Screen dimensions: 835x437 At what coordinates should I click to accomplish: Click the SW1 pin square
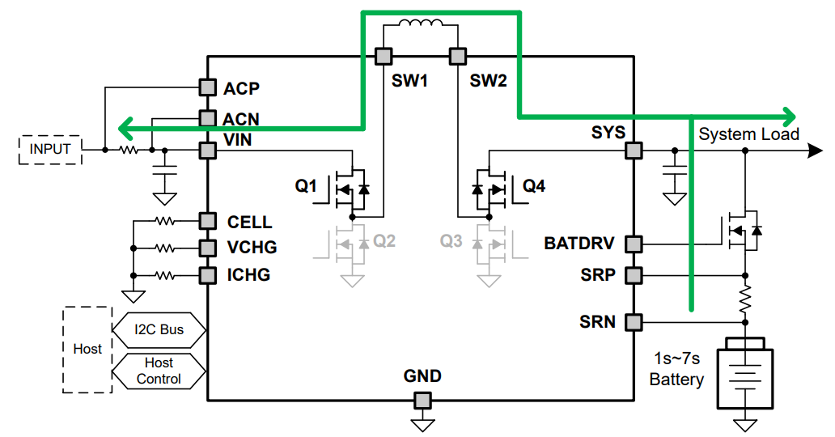[384, 56]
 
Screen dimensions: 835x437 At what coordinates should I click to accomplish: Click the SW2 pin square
[457, 56]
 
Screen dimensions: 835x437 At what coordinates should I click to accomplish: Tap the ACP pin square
[208, 87]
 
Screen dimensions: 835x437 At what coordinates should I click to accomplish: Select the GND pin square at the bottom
[423, 400]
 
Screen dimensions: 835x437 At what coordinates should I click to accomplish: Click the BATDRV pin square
[634, 244]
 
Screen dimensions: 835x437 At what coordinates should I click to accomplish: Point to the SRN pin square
[634, 322]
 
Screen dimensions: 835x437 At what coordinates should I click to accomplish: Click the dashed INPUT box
[50, 150]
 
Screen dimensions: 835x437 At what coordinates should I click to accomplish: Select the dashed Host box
[87, 350]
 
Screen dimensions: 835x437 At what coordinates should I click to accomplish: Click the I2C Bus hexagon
[159, 330]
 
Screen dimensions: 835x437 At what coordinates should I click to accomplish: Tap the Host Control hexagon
[159, 371]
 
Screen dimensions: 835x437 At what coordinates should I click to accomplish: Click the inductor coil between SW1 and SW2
[421, 23]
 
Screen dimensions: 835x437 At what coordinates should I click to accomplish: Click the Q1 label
[306, 186]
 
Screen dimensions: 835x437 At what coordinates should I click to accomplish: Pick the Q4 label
[533, 186]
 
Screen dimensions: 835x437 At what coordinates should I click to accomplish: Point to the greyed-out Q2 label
[384, 241]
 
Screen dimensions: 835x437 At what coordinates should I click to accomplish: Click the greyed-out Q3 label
[451, 241]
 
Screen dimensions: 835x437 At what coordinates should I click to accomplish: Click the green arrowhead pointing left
[125, 129]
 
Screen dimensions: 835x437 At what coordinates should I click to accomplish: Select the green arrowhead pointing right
[789, 117]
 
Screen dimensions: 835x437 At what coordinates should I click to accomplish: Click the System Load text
[748, 134]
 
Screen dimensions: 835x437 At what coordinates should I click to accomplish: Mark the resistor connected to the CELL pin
[164, 220]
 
